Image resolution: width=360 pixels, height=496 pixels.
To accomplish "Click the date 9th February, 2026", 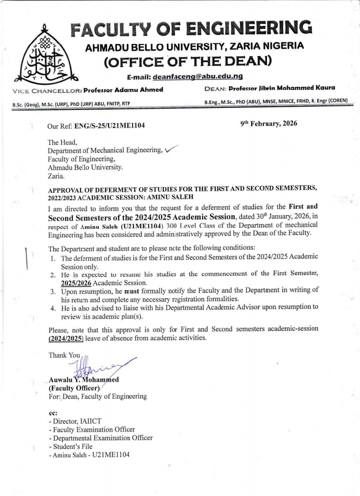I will [268, 123].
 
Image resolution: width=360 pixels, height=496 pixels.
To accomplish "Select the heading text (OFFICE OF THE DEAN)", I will [187, 62].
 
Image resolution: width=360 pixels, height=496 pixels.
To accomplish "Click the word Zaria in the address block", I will [55, 176].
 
